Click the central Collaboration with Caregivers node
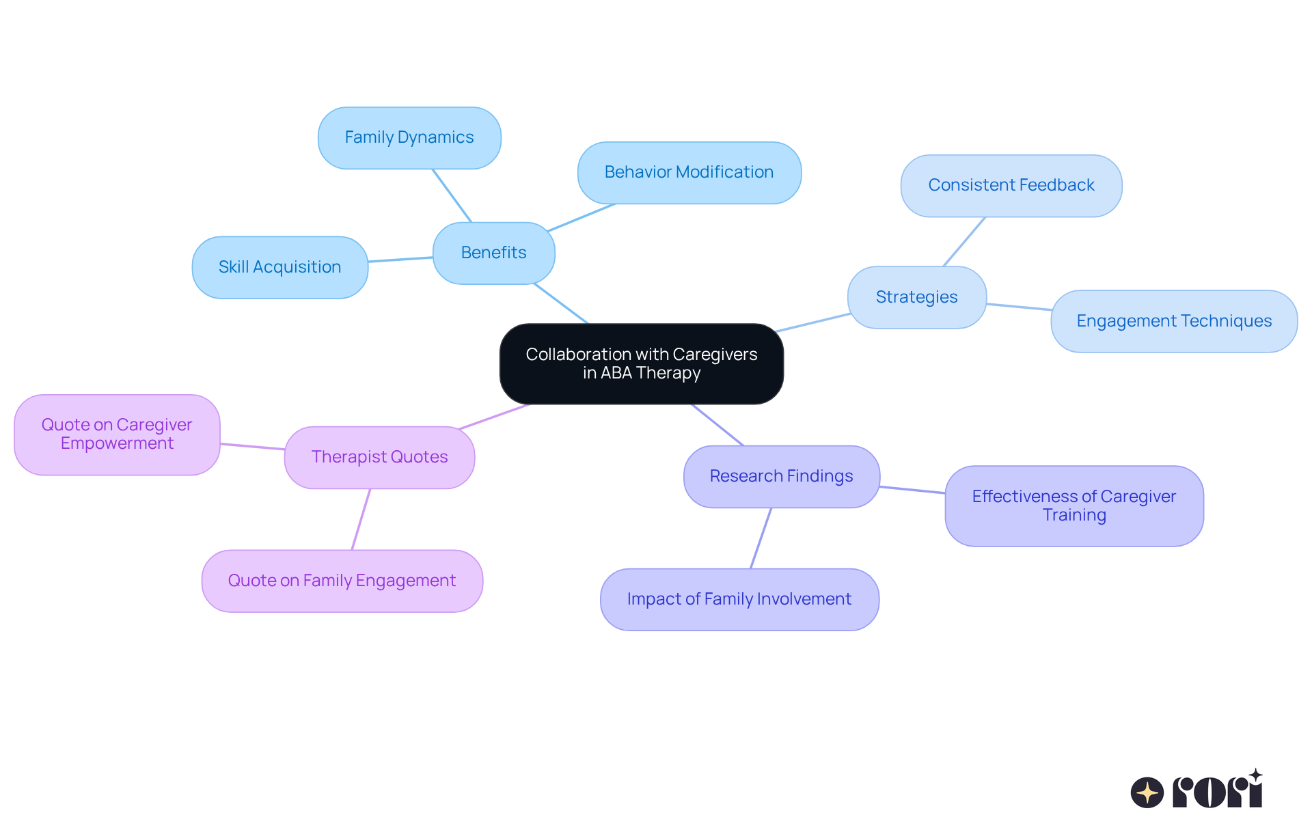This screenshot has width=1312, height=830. [641, 363]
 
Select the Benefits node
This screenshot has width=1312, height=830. [493, 253]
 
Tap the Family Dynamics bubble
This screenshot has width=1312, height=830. [409, 137]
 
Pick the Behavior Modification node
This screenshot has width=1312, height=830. [689, 172]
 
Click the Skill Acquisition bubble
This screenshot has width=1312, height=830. [279, 267]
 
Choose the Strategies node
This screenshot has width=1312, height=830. [916, 297]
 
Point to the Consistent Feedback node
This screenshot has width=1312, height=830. [1011, 185]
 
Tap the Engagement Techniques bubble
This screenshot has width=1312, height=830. [1173, 321]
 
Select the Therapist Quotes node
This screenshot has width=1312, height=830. [379, 457]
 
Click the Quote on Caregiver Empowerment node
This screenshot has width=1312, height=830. [117, 434]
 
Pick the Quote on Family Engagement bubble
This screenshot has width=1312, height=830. [342, 581]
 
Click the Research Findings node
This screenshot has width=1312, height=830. [781, 476]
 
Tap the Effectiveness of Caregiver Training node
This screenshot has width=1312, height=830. [1074, 506]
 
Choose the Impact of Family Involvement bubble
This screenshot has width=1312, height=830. [739, 599]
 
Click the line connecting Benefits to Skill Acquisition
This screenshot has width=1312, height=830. [400, 260]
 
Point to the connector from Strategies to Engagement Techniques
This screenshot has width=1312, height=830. [1019, 307]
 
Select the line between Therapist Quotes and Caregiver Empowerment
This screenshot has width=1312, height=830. [252, 447]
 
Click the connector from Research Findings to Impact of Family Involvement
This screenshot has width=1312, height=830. [761, 538]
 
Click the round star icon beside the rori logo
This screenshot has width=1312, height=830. [1147, 792]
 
